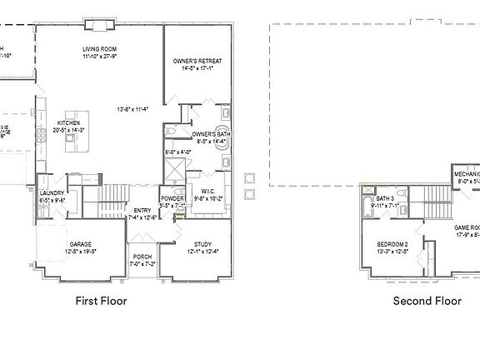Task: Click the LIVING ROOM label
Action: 98,49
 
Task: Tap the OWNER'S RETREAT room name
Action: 197,61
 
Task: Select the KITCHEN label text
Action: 68,122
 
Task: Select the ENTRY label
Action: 143,211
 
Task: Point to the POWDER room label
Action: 172,197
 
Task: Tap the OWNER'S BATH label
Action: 211,133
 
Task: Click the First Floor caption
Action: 102,301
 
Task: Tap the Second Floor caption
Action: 427,301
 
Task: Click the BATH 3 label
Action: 384,198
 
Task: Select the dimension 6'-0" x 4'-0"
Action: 178,152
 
